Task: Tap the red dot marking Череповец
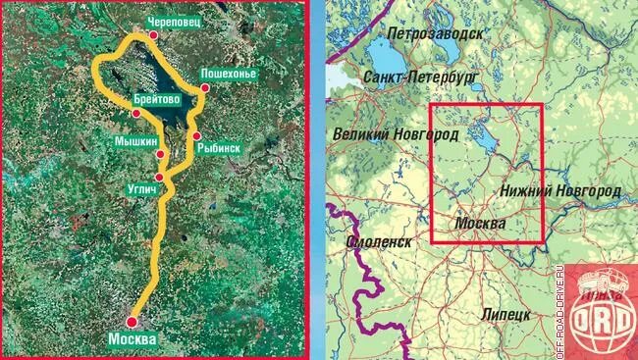pos(154,34)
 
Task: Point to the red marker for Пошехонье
pos(205,89)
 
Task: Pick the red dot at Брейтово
pos(136,114)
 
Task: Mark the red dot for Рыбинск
pos(197,135)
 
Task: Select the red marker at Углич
pos(159,178)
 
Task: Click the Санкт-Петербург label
pos(419,76)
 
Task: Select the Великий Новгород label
pos(397,133)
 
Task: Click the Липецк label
pos(506,313)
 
